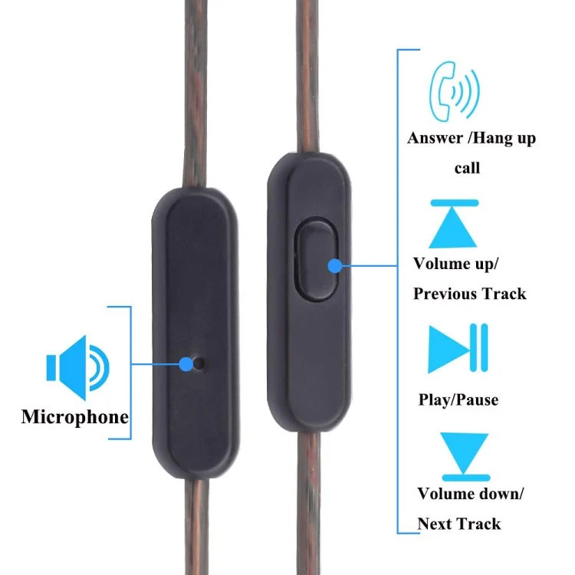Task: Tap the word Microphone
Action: [74, 417]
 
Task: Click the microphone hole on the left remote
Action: [199, 363]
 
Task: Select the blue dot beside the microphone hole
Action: [186, 363]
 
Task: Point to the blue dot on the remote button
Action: [335, 266]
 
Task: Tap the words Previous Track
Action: [469, 294]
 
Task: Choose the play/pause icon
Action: [458, 348]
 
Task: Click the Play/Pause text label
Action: [458, 399]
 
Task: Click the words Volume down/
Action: [470, 494]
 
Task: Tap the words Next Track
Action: [458, 524]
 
